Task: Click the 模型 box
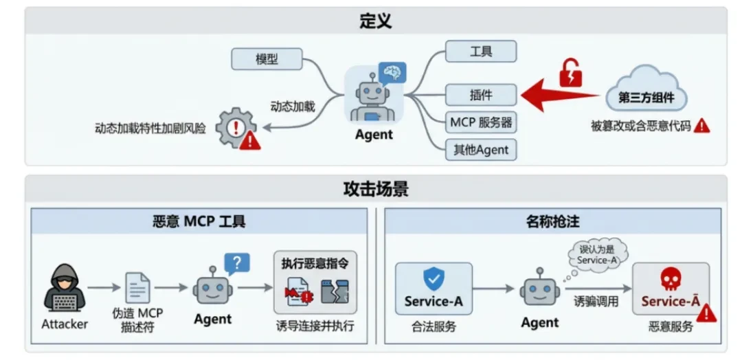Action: (x=267, y=59)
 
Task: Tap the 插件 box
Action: (x=480, y=94)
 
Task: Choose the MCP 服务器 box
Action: (x=480, y=122)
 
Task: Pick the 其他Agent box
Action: (x=480, y=149)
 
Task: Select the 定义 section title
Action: (x=375, y=21)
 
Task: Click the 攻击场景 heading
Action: (x=375, y=188)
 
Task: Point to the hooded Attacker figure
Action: (x=65, y=288)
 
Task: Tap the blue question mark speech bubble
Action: (x=237, y=263)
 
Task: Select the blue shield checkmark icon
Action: (x=434, y=278)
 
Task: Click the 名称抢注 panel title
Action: (x=552, y=221)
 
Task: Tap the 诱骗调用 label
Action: (x=596, y=301)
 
